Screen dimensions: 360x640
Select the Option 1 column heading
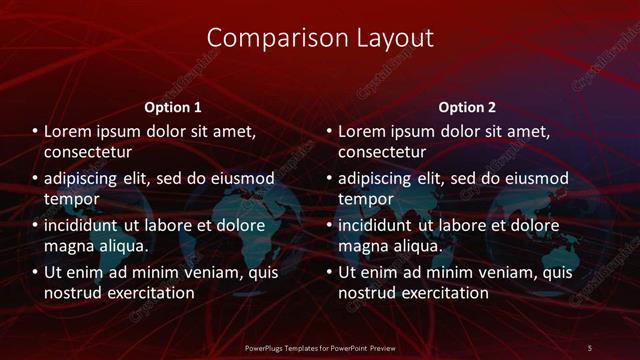173,107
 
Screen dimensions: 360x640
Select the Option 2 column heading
467,107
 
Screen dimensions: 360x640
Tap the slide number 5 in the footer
589,347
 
